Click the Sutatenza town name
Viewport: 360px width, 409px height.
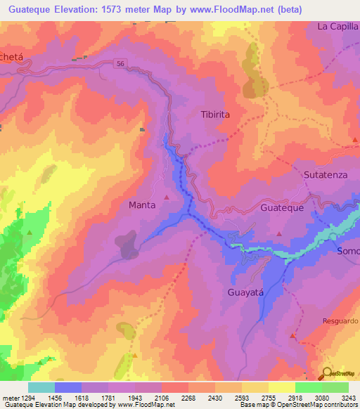(327, 174)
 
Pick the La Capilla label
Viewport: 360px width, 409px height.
(337, 27)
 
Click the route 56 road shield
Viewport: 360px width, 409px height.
(120, 63)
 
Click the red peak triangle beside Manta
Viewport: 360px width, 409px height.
(167, 196)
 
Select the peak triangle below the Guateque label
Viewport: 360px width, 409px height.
(280, 233)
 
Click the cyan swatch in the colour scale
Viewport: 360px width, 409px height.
(41, 387)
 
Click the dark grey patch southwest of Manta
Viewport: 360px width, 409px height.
(129, 245)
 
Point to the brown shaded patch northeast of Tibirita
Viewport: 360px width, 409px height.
(251, 74)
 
